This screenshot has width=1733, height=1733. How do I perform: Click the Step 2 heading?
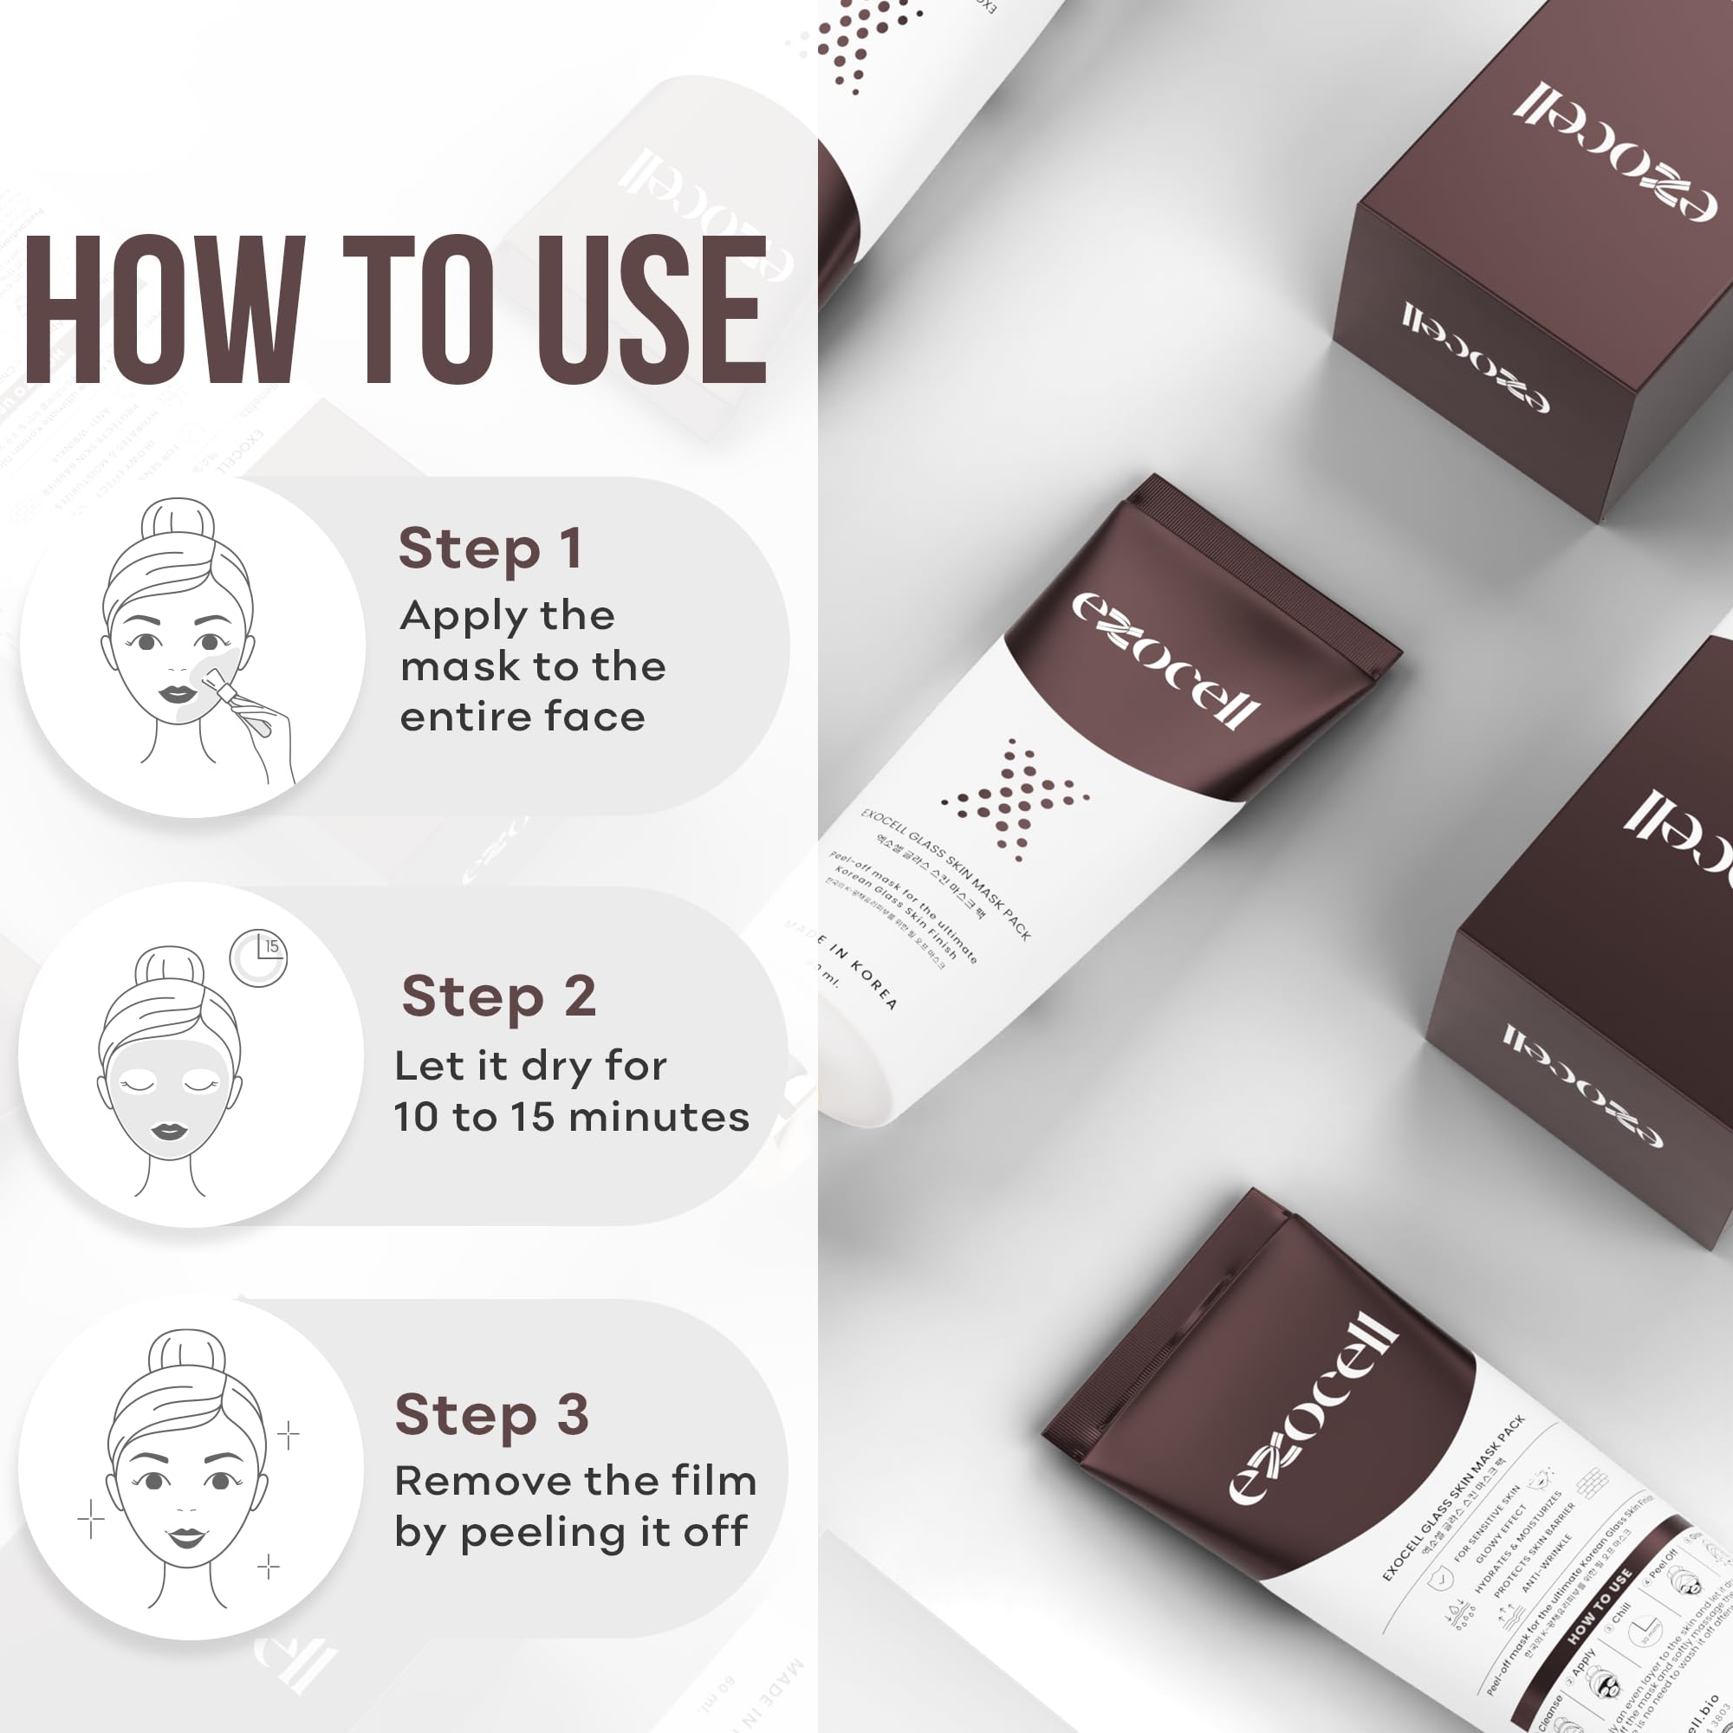[499, 996]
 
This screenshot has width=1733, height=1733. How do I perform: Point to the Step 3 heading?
[492, 1416]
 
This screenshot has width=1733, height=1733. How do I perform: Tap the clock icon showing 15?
[258, 958]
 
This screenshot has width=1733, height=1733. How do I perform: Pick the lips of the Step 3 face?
[187, 1537]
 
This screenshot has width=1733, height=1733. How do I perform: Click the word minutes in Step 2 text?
[659, 1118]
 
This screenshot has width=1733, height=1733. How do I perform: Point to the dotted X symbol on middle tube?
[1014, 797]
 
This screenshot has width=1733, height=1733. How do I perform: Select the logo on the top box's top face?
[1614, 153]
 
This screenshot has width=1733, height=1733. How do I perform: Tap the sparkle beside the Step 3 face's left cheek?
[91, 1520]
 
